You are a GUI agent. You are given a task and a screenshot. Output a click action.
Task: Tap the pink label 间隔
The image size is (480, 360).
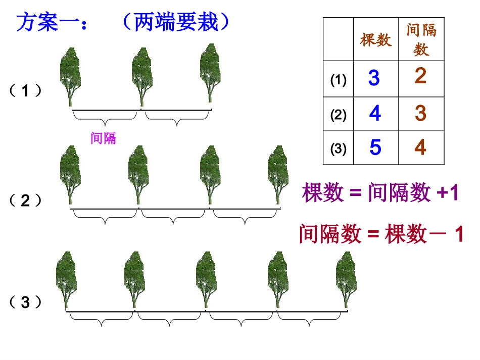(103, 138)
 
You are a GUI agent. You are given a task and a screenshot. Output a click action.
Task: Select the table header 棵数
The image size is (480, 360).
(375, 40)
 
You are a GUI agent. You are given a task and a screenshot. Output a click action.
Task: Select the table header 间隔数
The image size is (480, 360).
(421, 40)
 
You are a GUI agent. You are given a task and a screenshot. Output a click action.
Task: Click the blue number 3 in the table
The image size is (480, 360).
(374, 79)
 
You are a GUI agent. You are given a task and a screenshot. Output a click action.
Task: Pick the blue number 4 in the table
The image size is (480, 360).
(375, 114)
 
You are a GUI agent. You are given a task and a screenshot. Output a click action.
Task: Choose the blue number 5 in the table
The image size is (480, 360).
(375, 147)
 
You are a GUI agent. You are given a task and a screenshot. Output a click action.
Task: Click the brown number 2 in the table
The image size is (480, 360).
(420, 76)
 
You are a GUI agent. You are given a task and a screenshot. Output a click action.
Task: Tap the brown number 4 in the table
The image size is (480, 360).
(420, 147)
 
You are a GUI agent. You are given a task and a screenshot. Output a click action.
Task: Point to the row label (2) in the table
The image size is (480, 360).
(338, 115)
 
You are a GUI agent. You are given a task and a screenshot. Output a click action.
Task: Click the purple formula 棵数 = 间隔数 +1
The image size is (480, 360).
(380, 193)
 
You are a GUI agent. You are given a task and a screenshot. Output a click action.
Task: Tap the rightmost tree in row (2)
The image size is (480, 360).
(278, 174)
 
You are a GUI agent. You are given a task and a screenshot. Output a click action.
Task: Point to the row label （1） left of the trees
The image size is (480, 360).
(25, 91)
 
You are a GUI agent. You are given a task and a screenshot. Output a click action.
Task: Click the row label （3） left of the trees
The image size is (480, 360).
(25, 302)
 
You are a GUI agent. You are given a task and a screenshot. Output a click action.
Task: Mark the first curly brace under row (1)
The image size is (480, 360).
(105, 118)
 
